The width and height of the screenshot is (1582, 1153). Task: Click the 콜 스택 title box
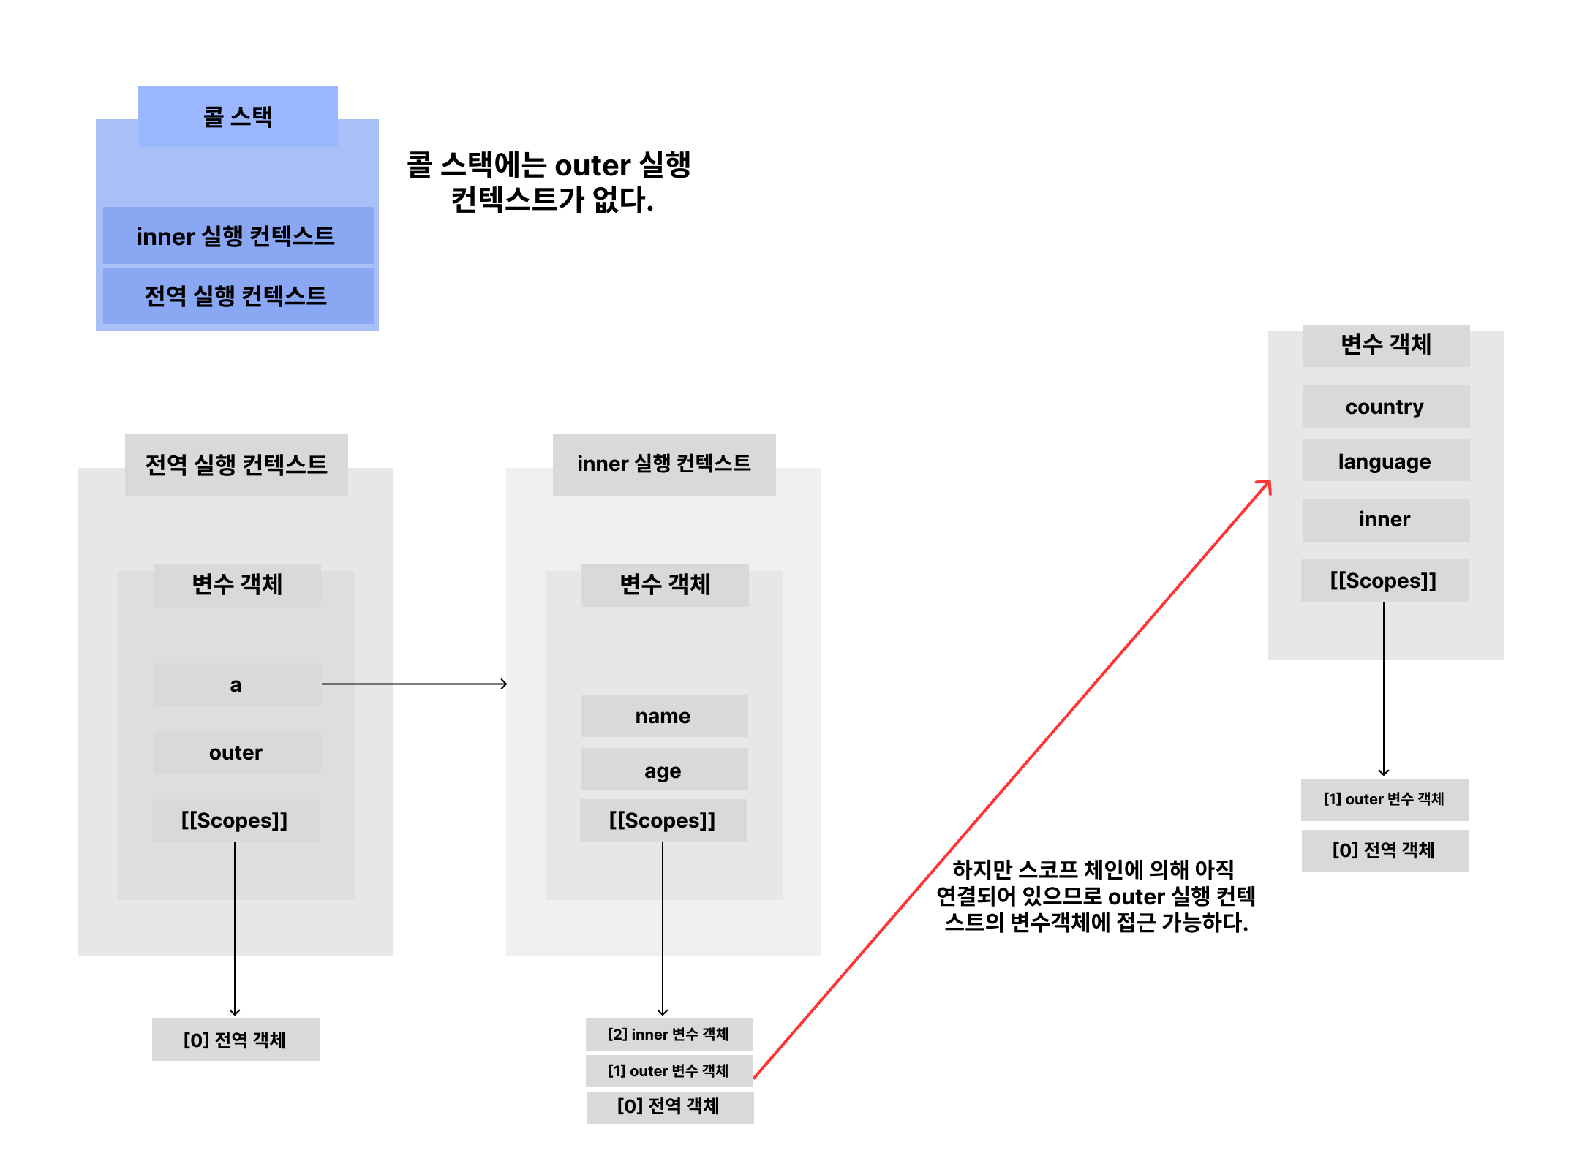(x=237, y=116)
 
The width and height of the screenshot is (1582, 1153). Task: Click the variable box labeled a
(x=236, y=684)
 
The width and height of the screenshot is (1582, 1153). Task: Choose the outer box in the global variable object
(x=236, y=752)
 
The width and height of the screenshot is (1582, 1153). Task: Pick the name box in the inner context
(x=663, y=716)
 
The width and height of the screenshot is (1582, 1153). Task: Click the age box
(x=663, y=770)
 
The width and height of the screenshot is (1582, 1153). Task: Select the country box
(x=1385, y=407)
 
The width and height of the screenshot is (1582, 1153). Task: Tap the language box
(x=1385, y=461)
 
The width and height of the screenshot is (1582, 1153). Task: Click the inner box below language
(x=1385, y=520)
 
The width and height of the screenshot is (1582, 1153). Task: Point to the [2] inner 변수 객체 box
(x=668, y=1034)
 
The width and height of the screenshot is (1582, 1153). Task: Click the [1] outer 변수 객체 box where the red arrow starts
(x=668, y=1070)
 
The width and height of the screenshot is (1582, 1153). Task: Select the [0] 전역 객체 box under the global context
(x=236, y=1039)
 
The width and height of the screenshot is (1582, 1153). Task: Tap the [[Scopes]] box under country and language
(x=1384, y=581)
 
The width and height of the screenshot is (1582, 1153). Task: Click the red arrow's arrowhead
(x=1266, y=485)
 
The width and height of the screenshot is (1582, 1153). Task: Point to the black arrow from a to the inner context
(x=413, y=684)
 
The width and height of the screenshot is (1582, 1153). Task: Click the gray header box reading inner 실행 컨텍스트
(x=663, y=464)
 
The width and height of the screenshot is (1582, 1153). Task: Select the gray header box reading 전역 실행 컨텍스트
(x=236, y=464)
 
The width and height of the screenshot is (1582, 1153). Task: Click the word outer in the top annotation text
(x=592, y=166)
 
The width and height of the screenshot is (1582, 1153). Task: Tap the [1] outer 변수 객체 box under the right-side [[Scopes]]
(x=1384, y=799)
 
